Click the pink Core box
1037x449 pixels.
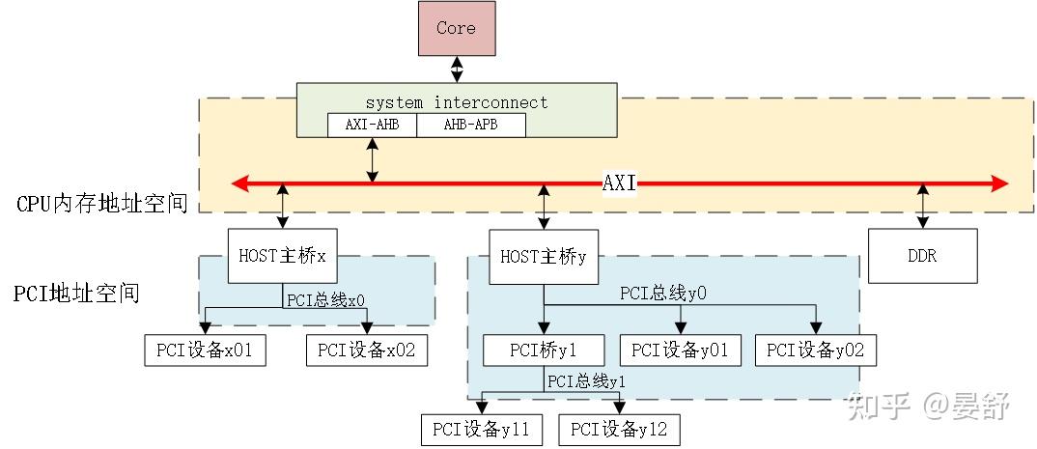tap(456, 28)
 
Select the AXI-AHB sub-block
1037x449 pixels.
tap(373, 126)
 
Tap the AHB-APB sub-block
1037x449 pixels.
tap(471, 126)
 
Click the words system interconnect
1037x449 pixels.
tap(456, 102)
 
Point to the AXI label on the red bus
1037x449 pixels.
tap(619, 182)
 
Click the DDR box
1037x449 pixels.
tap(922, 256)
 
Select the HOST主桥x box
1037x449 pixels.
tap(282, 256)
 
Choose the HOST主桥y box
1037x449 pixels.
tap(544, 257)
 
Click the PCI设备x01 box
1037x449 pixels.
tap(205, 351)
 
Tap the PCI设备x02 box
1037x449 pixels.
tap(367, 351)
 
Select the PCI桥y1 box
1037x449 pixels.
tap(544, 351)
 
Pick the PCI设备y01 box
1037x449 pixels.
tap(680, 351)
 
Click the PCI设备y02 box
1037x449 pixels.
tap(816, 351)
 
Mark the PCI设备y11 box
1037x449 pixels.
tap(482, 429)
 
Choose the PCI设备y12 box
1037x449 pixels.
tap(619, 429)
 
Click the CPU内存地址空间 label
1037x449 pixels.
tap(102, 204)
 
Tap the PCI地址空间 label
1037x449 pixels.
tap(78, 293)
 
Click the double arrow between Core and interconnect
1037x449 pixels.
tap(456, 69)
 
